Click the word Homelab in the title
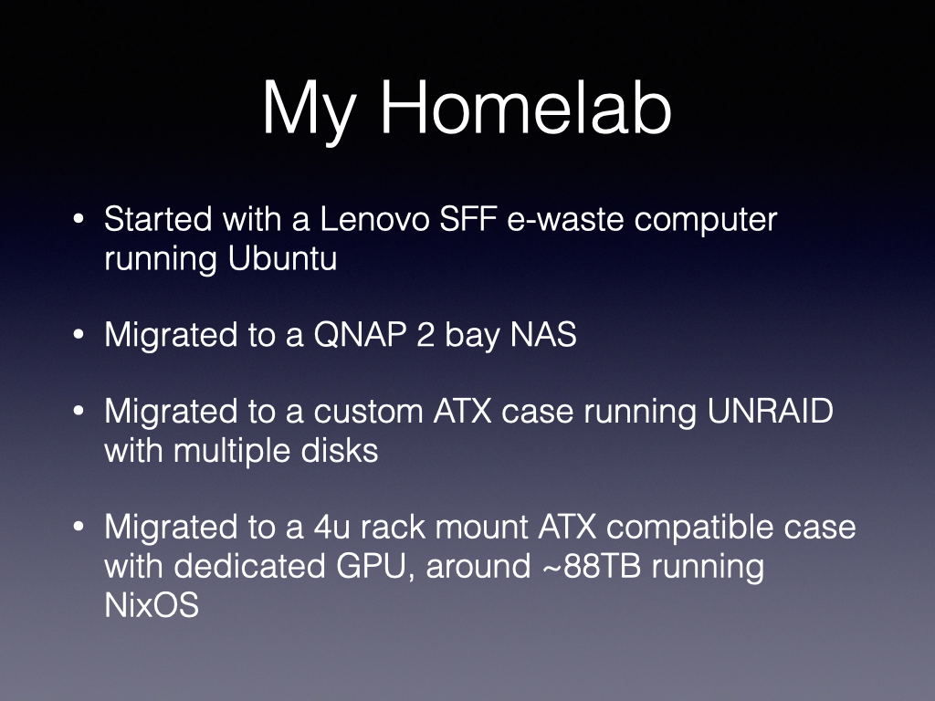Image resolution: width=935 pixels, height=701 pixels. (526, 108)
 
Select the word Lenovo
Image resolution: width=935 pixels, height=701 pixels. (374, 219)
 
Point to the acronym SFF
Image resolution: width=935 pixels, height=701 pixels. (468, 219)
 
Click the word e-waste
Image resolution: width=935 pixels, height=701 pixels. (565, 220)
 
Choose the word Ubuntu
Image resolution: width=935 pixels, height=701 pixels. (283, 258)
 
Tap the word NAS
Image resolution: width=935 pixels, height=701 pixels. (543, 334)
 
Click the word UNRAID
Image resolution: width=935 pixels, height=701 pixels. (771, 411)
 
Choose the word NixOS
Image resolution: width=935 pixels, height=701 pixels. (152, 604)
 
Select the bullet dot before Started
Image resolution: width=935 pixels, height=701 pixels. (79, 219)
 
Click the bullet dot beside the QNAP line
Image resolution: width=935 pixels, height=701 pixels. (79, 334)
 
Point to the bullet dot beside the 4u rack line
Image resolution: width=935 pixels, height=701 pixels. (79, 527)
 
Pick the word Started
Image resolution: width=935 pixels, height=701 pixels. (158, 219)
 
